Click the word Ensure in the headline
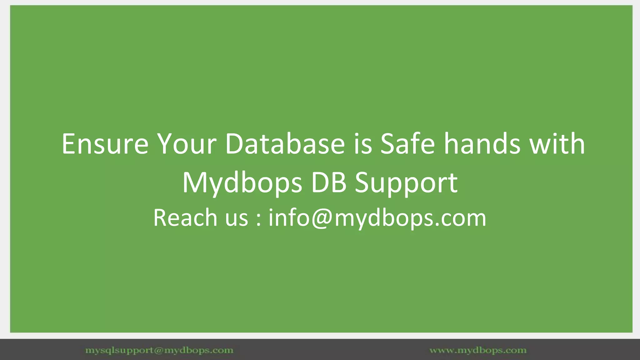click(105, 144)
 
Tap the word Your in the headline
click(187, 144)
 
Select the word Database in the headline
click(285, 144)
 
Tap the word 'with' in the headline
click(557, 144)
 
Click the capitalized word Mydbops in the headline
click(242, 183)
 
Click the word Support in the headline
click(406, 183)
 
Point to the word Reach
click(185, 217)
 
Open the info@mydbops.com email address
click(377, 218)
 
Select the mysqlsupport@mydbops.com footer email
click(159, 350)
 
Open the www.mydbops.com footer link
click(478, 350)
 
